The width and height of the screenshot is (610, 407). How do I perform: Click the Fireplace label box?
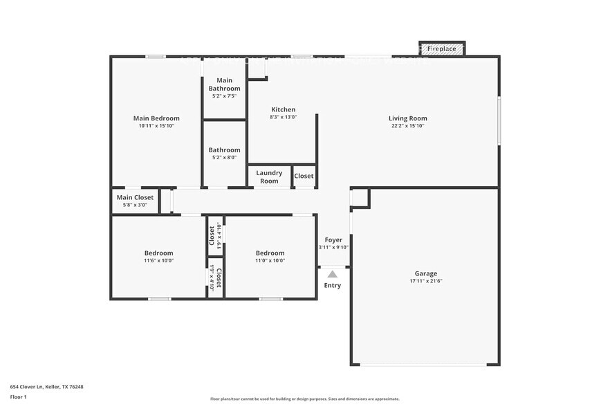(x=441, y=49)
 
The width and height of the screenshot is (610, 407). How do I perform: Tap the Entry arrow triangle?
(x=332, y=274)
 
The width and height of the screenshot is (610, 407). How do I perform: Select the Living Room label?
(x=407, y=118)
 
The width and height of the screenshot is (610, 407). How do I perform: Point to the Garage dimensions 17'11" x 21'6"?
(x=425, y=281)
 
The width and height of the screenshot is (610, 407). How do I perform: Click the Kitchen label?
(x=283, y=109)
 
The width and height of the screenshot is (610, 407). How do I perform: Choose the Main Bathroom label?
(x=224, y=84)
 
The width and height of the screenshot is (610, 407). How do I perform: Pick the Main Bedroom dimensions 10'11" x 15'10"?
(x=156, y=126)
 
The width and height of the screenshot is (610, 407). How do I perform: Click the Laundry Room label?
(x=269, y=177)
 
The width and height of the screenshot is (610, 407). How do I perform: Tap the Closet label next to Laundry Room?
(x=304, y=176)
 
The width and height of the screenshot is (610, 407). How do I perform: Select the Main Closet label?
(x=135, y=197)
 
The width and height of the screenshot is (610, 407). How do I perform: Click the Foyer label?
(x=333, y=239)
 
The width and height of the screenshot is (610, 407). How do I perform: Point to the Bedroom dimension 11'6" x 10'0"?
(x=158, y=261)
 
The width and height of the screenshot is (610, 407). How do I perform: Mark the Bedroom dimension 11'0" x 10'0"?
(x=270, y=261)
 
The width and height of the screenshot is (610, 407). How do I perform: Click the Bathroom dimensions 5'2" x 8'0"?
(x=225, y=158)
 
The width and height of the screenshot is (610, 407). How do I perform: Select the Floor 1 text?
(x=18, y=397)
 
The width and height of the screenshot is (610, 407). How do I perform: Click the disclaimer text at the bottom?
(x=304, y=399)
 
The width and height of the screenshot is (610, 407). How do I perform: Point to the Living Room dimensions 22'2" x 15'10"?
(x=407, y=126)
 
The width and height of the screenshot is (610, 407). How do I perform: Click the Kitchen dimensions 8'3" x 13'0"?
(x=283, y=117)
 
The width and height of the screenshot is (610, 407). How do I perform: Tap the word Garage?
(x=425, y=273)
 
